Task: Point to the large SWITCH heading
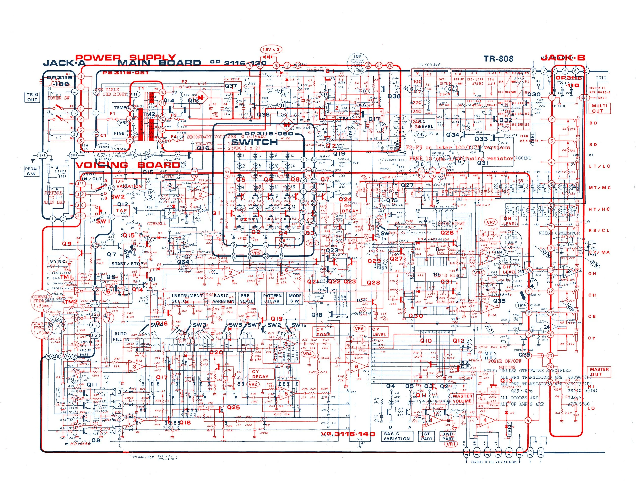[254, 142]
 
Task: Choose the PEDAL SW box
[32, 171]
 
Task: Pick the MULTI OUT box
[599, 108]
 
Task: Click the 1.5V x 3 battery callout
[271, 50]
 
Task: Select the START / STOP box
[127, 263]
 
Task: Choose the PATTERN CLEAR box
[272, 298]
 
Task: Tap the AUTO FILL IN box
[121, 336]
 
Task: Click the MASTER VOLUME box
[462, 399]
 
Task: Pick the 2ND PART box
[447, 436]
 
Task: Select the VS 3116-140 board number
[348, 434]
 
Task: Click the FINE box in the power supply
[119, 133]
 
